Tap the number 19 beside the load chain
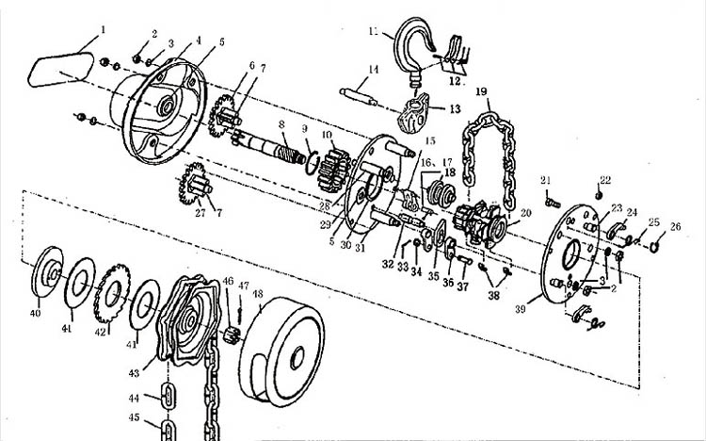click(x=481, y=91)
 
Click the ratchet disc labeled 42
click(x=116, y=284)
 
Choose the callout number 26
click(x=675, y=226)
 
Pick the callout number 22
click(x=604, y=178)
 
